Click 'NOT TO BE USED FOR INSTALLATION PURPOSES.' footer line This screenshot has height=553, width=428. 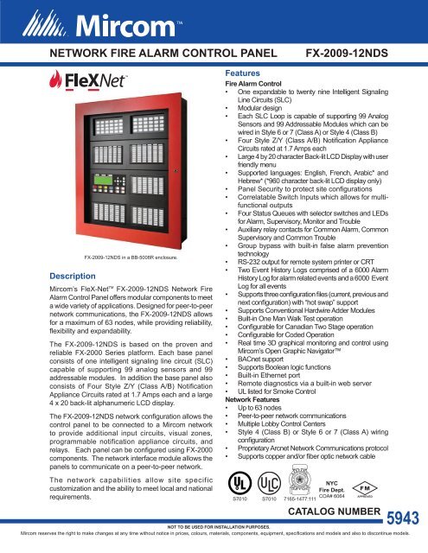pyautogui.click(x=214, y=538)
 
